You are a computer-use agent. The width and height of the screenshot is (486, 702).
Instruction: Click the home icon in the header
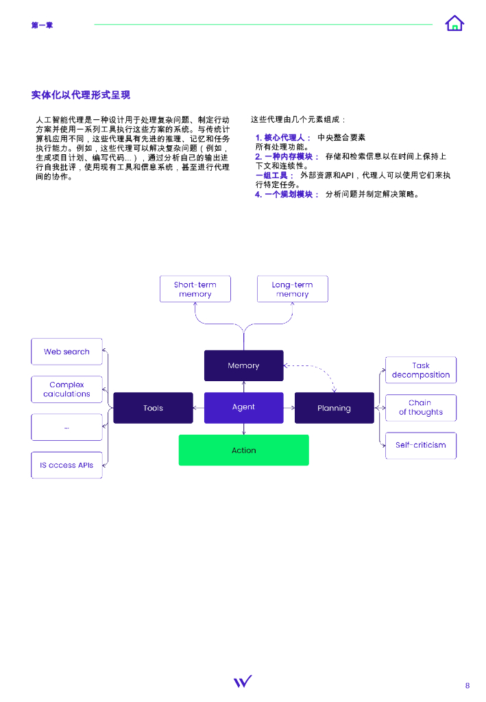coord(454,24)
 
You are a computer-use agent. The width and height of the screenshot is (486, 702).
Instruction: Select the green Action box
coord(243,450)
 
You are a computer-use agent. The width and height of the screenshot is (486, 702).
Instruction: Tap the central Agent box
coord(243,407)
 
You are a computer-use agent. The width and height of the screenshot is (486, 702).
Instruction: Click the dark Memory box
coord(243,365)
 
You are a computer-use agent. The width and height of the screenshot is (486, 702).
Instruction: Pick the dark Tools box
coord(153,408)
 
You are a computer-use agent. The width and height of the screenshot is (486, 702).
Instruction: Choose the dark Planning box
coord(334,408)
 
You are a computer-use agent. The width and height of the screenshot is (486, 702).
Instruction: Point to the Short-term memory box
coord(195,289)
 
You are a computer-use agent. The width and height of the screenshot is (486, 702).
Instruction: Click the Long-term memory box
coord(292,289)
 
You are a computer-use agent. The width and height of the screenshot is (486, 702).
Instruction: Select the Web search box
coord(66,352)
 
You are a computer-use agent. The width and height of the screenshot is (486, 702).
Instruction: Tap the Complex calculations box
coord(66,389)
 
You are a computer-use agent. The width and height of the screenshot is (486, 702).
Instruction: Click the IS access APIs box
coord(66,465)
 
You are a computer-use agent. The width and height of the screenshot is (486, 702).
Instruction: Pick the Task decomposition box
coord(420,370)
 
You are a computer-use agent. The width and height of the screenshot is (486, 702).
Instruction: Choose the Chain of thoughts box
coord(420,408)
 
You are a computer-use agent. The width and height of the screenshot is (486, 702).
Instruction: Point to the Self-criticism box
coord(420,445)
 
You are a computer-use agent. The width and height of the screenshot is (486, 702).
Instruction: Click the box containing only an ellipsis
coord(66,427)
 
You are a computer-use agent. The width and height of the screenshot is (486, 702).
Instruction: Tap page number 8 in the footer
coord(467,686)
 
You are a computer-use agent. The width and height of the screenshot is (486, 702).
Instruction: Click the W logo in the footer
coord(242,681)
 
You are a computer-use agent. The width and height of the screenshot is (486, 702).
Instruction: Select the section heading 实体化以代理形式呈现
coord(81,95)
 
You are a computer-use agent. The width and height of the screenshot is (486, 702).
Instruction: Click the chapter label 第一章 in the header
coord(42,25)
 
